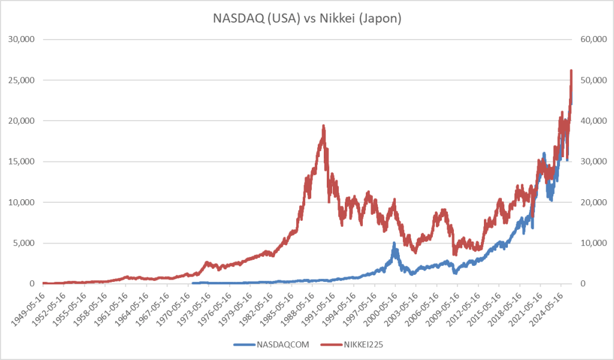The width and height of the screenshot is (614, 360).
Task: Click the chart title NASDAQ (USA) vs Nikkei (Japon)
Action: coord(307,19)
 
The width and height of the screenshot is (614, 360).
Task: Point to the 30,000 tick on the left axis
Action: coord(23,39)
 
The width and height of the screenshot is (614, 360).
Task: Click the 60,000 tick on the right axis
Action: coord(594,39)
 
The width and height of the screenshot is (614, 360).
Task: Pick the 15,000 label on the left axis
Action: coord(23,161)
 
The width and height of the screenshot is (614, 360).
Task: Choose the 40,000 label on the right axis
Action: coord(594,121)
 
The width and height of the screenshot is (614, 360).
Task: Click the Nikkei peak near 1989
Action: coord(324,125)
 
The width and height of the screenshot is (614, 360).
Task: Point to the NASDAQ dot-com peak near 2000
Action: coord(394,242)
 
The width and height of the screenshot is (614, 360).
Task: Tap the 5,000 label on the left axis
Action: coord(25,243)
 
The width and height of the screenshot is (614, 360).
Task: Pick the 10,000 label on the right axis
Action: coord(594,243)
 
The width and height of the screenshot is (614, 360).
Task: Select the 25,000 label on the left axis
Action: coord(23,80)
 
